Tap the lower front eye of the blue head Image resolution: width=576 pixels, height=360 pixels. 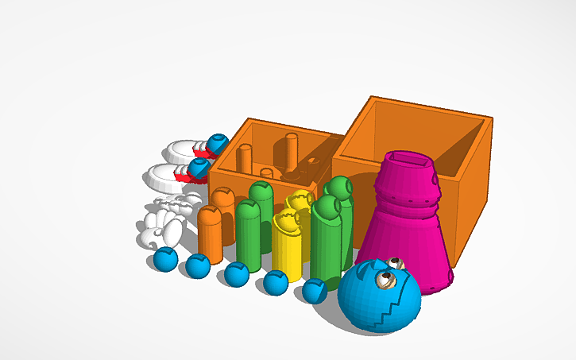point(386,279)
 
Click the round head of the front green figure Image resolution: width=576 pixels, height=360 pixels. point(325,207)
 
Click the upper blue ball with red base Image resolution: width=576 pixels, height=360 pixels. point(217,144)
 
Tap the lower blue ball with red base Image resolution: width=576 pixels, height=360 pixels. point(199,168)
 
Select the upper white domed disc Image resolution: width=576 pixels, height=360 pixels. point(185,149)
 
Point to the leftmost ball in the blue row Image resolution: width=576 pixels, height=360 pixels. point(165,259)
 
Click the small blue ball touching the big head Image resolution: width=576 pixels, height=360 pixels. point(315,292)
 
